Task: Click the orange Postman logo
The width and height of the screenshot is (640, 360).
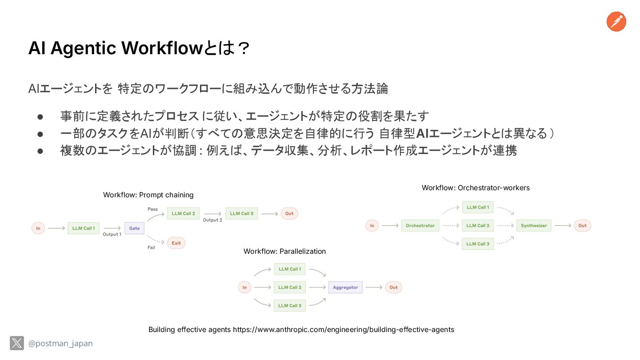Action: coord(616,22)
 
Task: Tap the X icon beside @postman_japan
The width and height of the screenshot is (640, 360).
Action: coord(17,343)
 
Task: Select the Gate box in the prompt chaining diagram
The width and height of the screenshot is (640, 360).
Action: coord(134,228)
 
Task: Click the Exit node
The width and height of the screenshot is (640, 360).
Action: coord(176,243)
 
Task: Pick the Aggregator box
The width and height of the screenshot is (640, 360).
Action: coord(345,288)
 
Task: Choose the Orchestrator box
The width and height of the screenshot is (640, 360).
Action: coord(420,226)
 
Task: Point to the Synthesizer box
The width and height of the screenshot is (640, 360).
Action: coord(534,226)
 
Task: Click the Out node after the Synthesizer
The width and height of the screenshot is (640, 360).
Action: coord(582,226)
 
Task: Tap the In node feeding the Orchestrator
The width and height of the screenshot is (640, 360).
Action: coord(372,226)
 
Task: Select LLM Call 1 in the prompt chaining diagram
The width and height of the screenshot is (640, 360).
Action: coord(84,228)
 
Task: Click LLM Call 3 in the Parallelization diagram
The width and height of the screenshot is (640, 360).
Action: coord(290,306)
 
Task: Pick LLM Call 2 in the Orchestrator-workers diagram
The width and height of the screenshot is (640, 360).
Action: coord(478,226)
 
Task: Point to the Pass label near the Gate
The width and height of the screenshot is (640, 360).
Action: coord(152,209)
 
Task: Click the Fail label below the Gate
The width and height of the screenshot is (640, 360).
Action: coord(152,248)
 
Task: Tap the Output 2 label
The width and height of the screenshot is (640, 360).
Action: coord(212,220)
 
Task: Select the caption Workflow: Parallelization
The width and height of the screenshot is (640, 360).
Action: coord(284,252)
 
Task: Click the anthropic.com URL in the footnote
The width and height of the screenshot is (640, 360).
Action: coord(344,330)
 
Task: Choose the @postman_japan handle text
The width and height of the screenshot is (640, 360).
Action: coord(60,344)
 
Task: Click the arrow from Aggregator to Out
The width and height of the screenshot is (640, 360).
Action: coord(374,288)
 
